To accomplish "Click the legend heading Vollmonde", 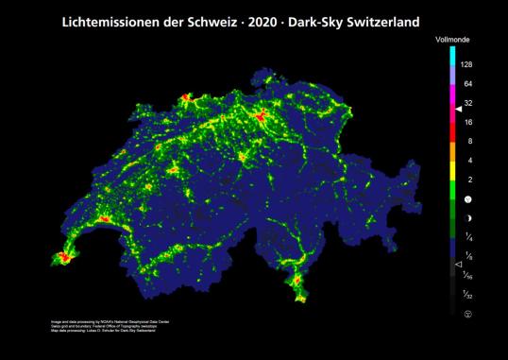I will click(454, 42).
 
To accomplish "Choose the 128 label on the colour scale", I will click(467, 64).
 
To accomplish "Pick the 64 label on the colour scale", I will click(467, 83).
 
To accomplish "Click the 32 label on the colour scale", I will click(467, 103).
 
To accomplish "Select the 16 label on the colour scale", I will click(467, 122).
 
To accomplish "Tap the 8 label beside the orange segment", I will click(469, 141).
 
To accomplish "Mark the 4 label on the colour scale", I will click(469, 161).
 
